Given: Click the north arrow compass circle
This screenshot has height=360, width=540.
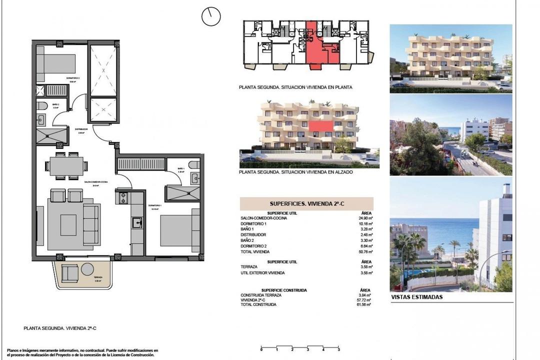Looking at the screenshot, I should click(211, 16).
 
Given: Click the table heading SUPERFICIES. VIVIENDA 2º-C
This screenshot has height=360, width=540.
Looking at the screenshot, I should click(306, 204).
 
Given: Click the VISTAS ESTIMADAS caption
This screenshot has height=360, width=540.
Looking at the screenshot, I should click(416, 297).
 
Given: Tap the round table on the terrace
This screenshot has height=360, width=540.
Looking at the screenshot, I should click(87, 268).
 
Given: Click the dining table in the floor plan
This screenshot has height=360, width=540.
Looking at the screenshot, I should click(66, 166).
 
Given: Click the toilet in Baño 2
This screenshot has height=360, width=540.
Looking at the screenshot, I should click(42, 106).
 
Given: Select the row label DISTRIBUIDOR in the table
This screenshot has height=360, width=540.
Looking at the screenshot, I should click(253, 234).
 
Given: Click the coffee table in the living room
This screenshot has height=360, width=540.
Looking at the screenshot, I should click(68, 224).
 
